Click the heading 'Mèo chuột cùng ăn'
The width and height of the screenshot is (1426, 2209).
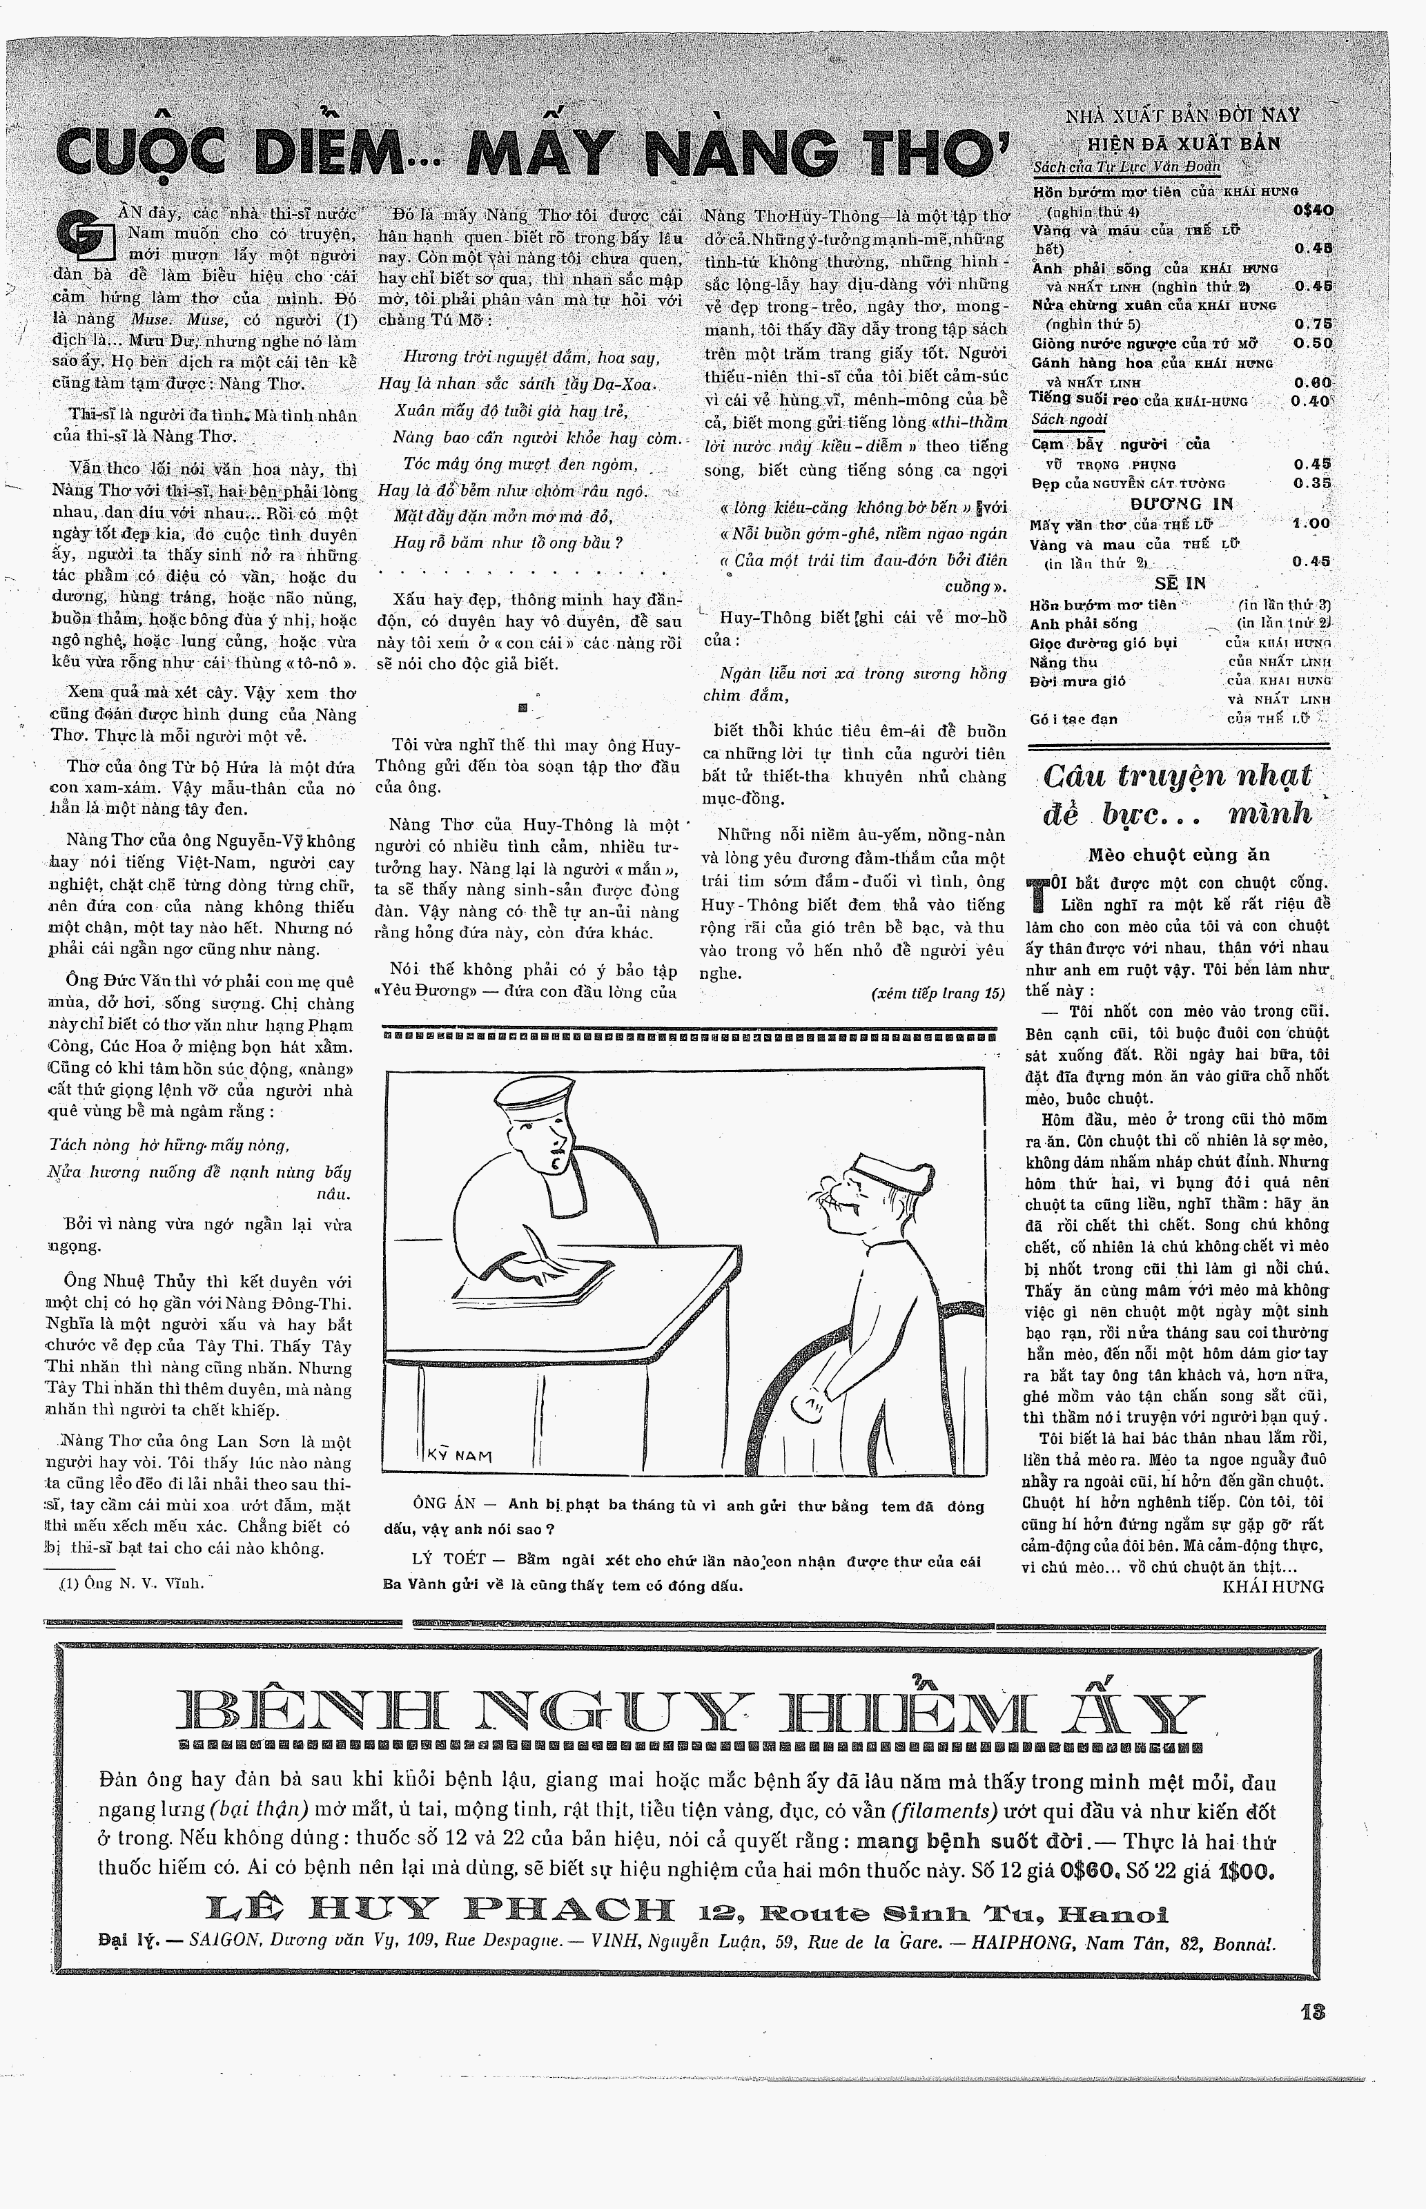(1179, 855)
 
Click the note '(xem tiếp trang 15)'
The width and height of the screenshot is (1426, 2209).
(937, 993)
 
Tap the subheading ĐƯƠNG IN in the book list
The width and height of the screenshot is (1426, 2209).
(1180, 504)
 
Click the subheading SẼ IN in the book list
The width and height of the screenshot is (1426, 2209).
(1180, 583)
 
